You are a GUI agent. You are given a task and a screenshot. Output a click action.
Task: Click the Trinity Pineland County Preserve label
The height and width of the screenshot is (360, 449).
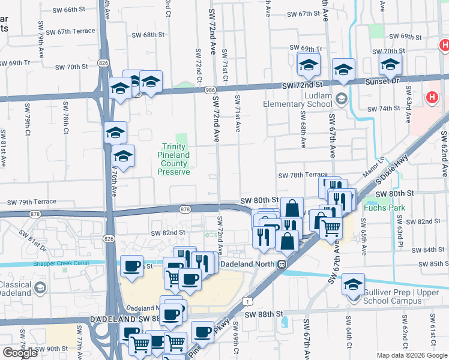point(173,159)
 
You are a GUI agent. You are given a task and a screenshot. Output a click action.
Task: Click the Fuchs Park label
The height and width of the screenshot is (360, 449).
point(384,208)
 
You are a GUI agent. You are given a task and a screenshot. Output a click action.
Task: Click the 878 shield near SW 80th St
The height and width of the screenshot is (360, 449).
point(185,208)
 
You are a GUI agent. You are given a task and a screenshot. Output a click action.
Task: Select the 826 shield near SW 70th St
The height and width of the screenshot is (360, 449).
point(104,62)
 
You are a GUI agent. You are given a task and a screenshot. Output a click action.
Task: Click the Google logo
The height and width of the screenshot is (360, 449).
point(20,353)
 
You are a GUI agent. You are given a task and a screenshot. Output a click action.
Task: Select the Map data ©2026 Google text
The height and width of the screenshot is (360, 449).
point(411,355)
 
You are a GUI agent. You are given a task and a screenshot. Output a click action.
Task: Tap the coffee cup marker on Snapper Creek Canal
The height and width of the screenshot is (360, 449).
point(132,265)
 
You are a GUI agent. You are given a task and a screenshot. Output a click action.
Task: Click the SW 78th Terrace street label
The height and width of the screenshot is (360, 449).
point(303,175)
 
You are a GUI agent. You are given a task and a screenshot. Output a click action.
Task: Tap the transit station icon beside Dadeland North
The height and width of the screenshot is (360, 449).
point(282,264)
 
